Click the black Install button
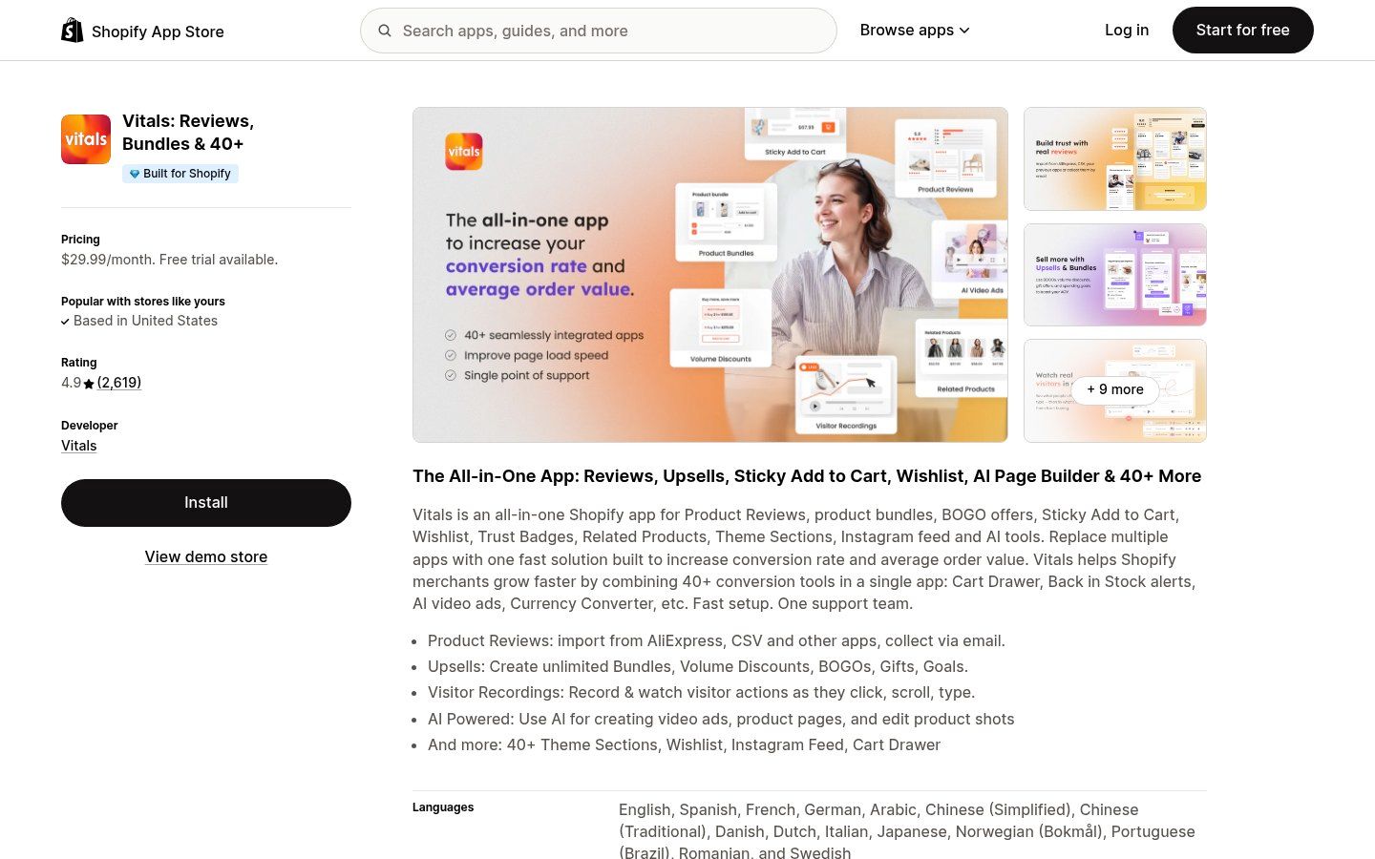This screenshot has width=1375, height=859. pos(206,503)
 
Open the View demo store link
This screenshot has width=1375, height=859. pos(206,557)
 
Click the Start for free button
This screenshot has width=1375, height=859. pos(1242,31)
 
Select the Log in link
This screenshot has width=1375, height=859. pos(1127,31)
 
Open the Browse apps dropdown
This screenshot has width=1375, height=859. pos(915,31)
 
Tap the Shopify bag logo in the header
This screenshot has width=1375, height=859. pos(73,31)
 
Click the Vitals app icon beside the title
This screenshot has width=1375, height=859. pos(86,139)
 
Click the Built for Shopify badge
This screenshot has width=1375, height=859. pos(180,174)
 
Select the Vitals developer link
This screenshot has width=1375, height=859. pos(79,446)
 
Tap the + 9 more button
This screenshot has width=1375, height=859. pos(1114,389)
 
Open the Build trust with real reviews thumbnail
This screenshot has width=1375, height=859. pos(1114,158)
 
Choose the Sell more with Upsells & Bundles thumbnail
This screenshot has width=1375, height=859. pos(1114,275)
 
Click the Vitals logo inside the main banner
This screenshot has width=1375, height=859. pos(464,152)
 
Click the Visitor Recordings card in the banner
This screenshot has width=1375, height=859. pos(846,393)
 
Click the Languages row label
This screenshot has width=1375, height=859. pos(443,807)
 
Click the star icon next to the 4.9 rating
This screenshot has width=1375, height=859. pos(89,384)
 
